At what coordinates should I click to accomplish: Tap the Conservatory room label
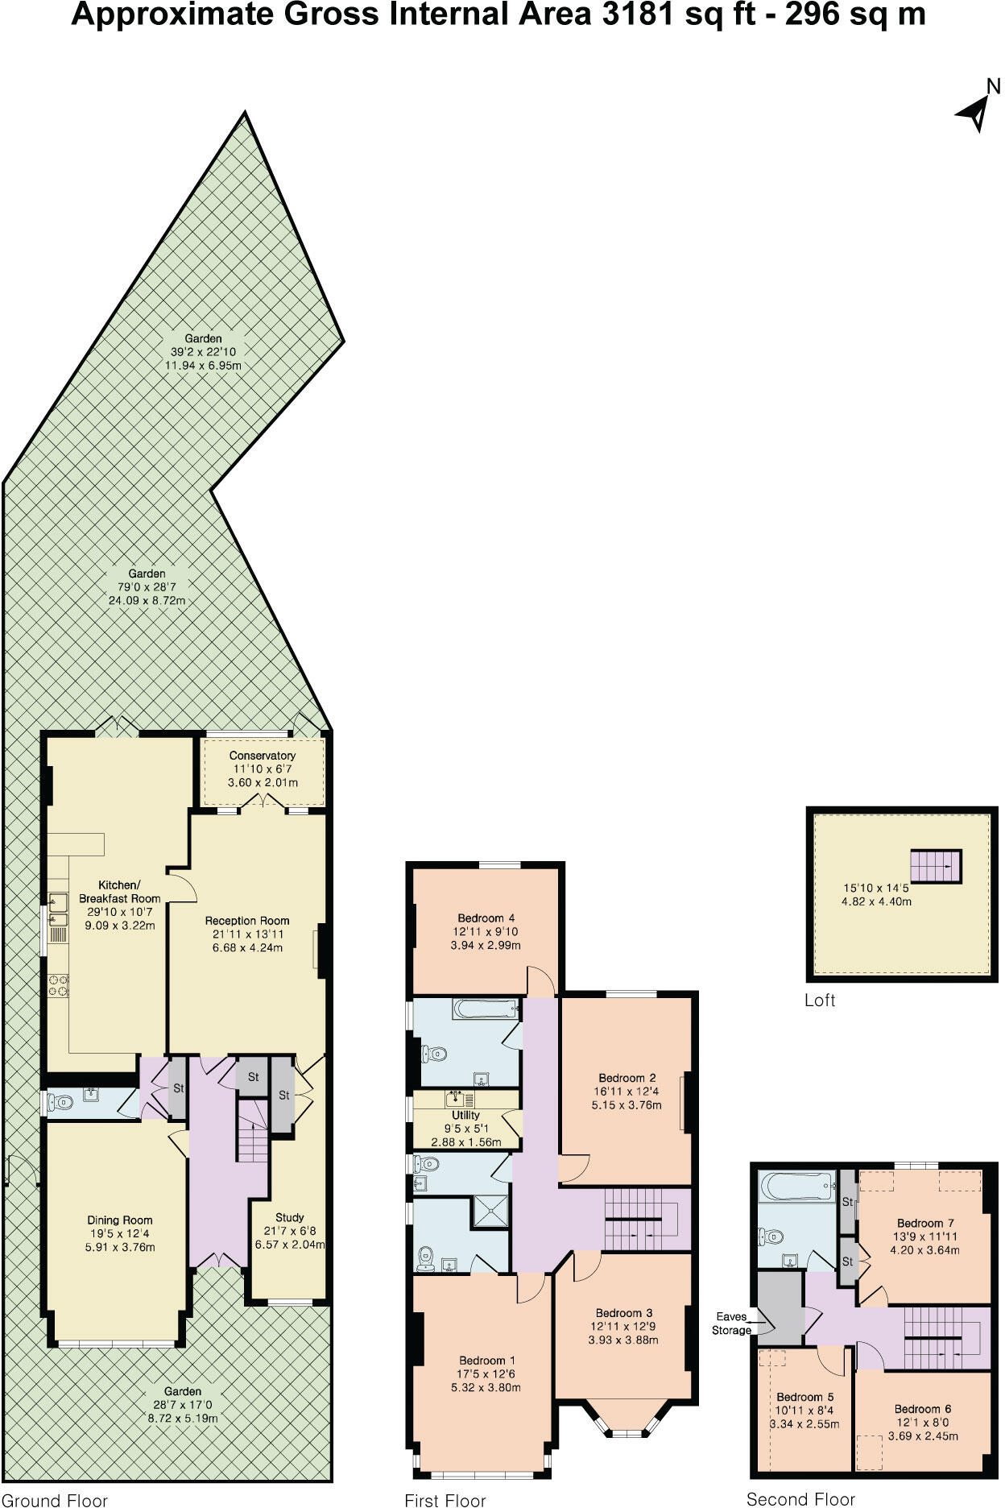[262, 756]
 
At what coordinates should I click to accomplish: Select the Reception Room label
[246, 920]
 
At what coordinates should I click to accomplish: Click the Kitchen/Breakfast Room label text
[119, 891]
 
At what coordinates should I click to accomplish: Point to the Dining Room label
[120, 1220]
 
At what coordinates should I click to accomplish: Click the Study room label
[289, 1217]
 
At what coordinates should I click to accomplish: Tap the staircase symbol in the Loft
[936, 866]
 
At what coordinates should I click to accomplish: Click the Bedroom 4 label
[486, 918]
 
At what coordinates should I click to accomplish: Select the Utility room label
[465, 1115]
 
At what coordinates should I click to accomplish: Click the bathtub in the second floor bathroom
[798, 1185]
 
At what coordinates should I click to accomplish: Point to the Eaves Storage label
[730, 1323]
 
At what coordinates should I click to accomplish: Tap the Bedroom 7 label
[925, 1223]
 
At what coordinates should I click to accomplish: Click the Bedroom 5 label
[804, 1397]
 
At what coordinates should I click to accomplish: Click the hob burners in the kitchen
[59, 985]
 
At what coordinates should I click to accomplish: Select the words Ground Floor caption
[54, 1500]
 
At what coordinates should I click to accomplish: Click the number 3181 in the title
[635, 14]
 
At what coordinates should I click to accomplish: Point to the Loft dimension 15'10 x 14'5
[876, 888]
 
